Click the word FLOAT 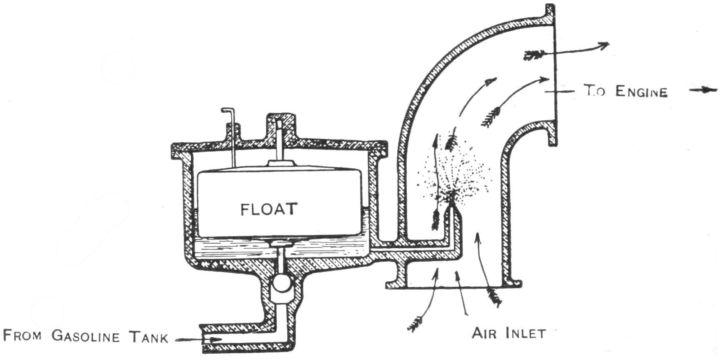[269, 209]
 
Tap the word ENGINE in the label [641, 91]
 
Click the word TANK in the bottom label [148, 336]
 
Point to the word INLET [525, 333]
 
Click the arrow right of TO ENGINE [704, 90]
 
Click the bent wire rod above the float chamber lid [230, 125]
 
